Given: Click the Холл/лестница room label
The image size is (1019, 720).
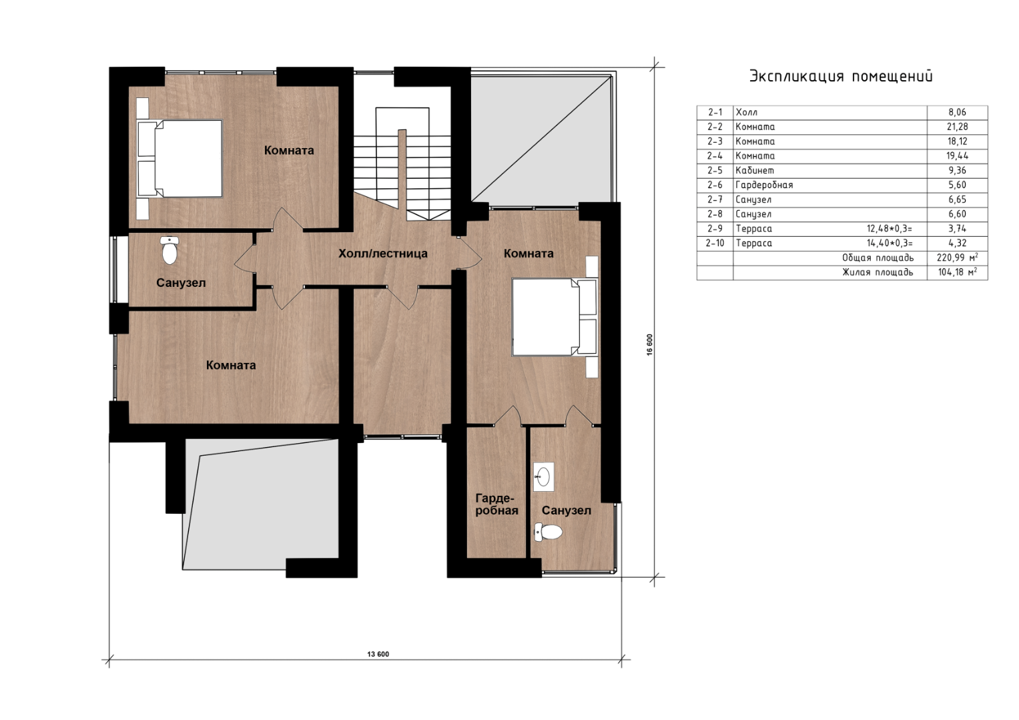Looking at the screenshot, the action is [382, 254].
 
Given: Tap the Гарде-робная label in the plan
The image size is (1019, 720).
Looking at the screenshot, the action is [496, 504].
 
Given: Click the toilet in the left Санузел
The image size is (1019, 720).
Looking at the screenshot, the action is [169, 250].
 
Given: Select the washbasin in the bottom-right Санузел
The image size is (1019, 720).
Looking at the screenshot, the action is [543, 476].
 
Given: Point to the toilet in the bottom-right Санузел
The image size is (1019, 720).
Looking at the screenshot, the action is [548, 532].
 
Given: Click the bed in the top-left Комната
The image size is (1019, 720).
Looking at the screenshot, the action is [180, 158].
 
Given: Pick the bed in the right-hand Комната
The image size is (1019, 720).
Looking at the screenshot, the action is [555, 316].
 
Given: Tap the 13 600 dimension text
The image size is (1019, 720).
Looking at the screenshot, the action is [378, 654].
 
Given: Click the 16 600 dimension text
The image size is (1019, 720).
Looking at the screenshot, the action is [649, 345].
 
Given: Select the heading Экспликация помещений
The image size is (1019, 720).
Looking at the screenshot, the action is [841, 76].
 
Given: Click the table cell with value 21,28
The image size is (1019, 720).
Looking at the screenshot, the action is [957, 127].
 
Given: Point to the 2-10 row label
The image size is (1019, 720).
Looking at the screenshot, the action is [715, 244].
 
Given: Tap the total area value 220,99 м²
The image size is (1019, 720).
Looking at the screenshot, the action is [958, 258].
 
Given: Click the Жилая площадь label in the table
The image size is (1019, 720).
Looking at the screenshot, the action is [878, 272].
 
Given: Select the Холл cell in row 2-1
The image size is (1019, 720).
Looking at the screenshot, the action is [747, 112].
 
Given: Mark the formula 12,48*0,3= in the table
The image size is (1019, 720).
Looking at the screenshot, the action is [890, 229].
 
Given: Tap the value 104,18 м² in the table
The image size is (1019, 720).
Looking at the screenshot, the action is [958, 272].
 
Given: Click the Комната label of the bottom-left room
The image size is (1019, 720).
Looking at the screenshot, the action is [231, 365].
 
